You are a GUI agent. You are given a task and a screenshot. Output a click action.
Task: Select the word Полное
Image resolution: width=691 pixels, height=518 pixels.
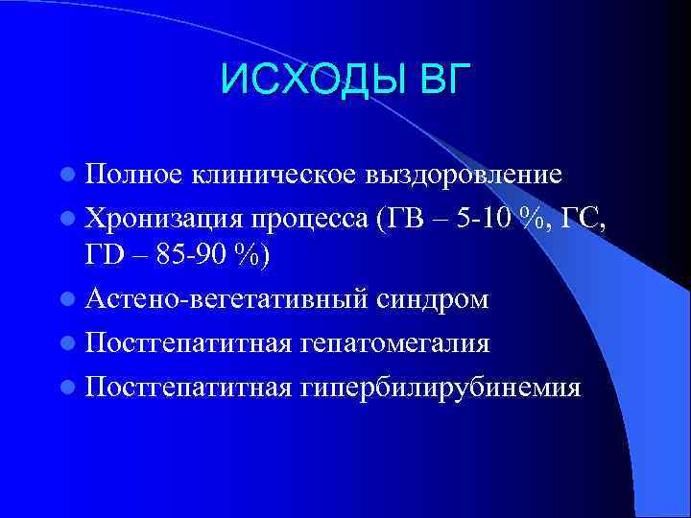(133, 175)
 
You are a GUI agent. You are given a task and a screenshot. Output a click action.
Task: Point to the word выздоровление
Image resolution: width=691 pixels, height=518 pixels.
(464, 175)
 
